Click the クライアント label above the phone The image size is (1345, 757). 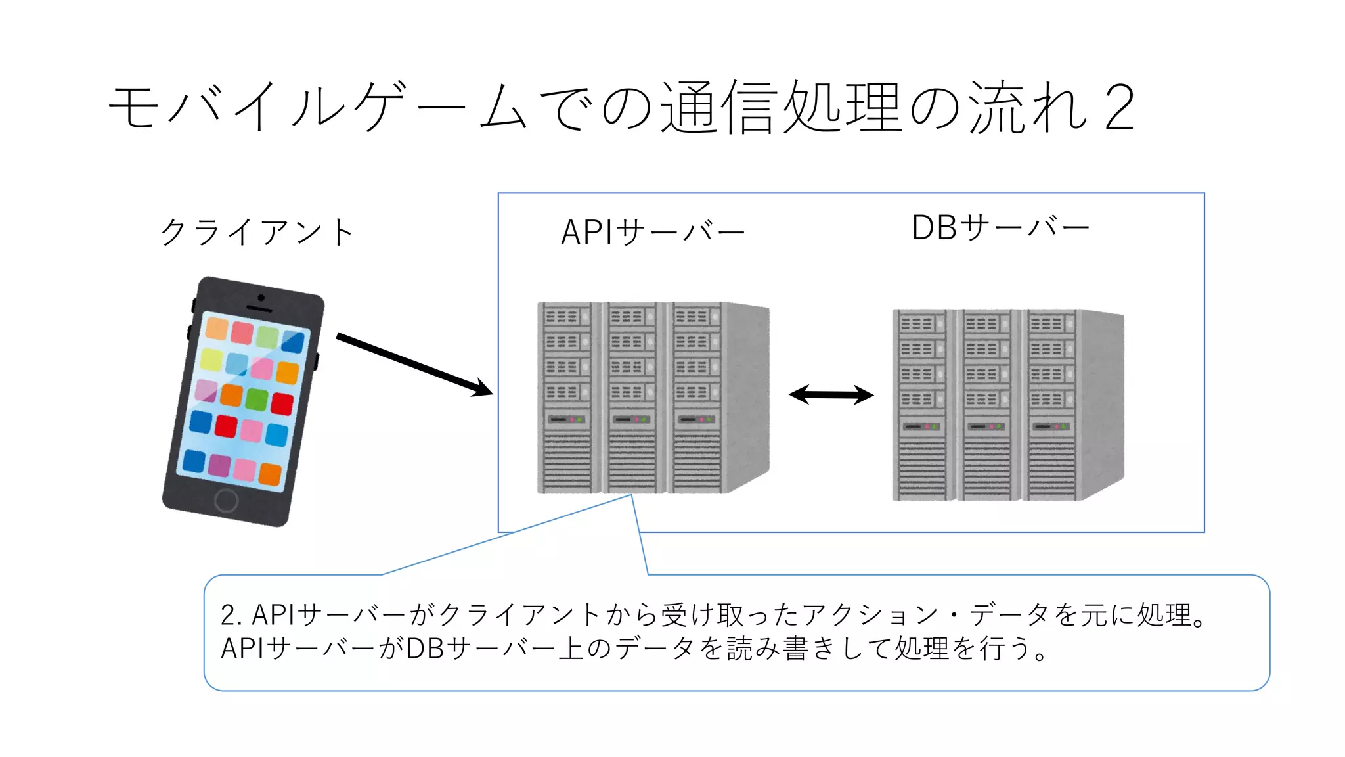click(257, 232)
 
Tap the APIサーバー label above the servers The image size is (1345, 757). click(653, 232)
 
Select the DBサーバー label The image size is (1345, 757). click(1000, 228)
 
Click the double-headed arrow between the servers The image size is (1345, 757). click(831, 395)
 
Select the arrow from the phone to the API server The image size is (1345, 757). click(414, 365)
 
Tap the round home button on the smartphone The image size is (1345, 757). click(226, 500)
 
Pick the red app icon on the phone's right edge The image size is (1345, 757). click(282, 403)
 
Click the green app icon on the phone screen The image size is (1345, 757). click(257, 398)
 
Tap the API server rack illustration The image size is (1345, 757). click(652, 398)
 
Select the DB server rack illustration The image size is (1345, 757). click(1007, 405)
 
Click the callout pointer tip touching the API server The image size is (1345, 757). click(631, 495)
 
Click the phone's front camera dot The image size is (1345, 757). click(261, 298)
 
